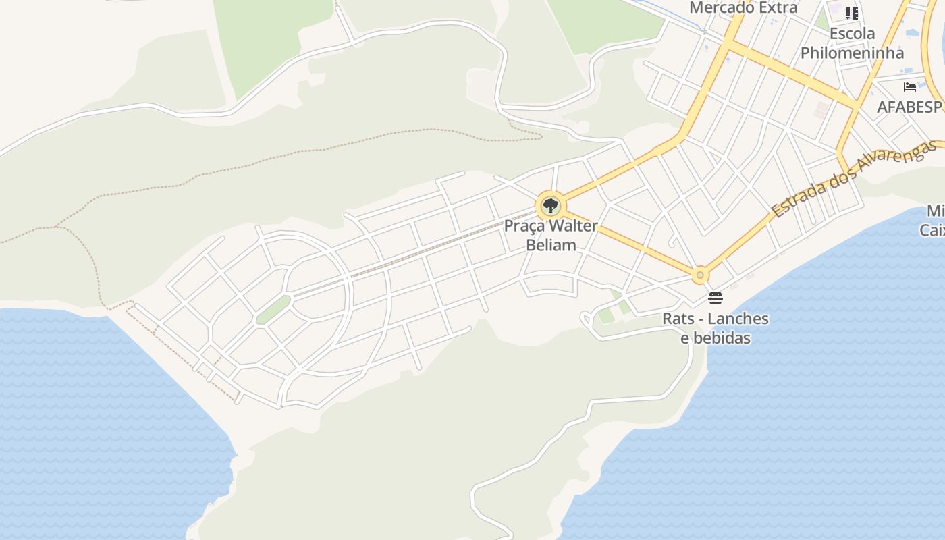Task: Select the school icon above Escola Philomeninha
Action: (852, 13)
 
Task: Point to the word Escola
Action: (852, 34)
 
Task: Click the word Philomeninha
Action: (852, 53)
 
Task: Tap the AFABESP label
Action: (909, 107)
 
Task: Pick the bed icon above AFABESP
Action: (910, 87)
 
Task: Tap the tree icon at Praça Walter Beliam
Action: (550, 205)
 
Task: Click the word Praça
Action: (524, 226)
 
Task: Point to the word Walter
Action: (572, 226)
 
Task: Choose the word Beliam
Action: (551, 245)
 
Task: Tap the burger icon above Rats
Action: (715, 298)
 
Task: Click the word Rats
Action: (678, 319)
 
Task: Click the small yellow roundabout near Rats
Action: (700, 275)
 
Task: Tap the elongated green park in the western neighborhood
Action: (273, 310)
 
